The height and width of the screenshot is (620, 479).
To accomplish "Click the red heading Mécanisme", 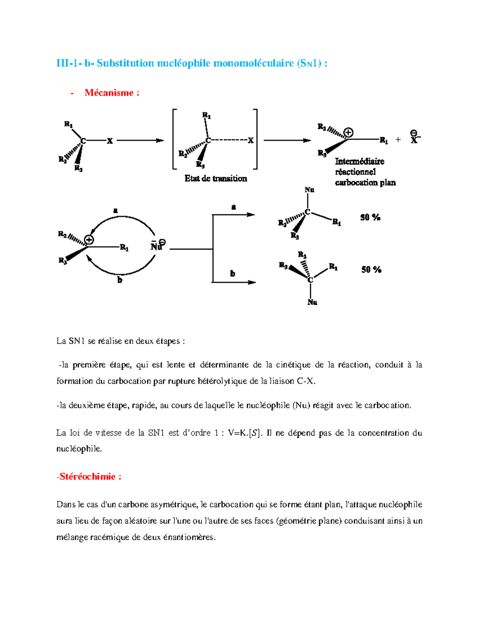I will point(112,93).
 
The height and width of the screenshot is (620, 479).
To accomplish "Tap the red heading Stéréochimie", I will point(89,476).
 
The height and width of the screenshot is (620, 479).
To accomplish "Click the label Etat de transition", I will point(216,178).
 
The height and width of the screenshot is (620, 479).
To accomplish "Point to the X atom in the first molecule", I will point(109,141).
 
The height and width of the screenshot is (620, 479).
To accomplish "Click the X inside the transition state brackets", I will point(251,141).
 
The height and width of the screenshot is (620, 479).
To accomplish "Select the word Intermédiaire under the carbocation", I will point(359,161).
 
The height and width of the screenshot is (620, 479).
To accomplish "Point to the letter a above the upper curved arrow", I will point(115,210).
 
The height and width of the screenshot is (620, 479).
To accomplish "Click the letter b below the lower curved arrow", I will point(119,280).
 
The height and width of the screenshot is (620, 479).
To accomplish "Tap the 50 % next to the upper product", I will point(370,218).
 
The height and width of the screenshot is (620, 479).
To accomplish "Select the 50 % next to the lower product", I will point(371,270).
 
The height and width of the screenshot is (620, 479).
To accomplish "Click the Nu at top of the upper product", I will point(309,190).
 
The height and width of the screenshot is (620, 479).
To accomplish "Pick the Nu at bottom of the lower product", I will point(312,303).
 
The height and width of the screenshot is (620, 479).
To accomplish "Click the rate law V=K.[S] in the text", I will point(245,433).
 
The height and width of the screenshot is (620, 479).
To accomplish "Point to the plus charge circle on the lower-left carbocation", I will point(89,240).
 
